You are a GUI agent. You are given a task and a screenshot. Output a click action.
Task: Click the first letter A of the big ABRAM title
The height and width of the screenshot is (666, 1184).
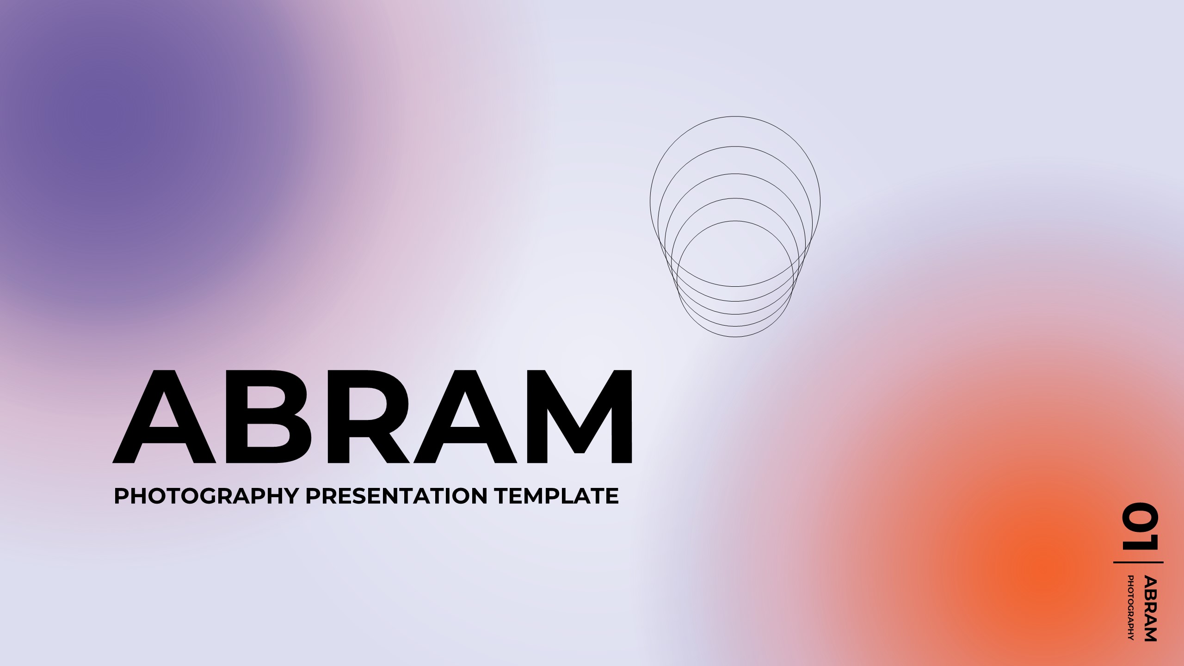(x=164, y=416)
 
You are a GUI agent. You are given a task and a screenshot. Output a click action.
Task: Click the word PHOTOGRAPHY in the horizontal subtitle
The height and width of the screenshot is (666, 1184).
(x=206, y=496)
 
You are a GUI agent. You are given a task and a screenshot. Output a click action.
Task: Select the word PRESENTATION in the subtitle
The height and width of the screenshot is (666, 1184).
(x=396, y=496)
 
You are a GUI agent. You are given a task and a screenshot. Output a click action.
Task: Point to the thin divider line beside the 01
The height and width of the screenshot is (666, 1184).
(x=1138, y=562)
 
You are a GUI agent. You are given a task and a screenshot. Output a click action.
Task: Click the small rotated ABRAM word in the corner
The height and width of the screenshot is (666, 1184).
(x=1150, y=608)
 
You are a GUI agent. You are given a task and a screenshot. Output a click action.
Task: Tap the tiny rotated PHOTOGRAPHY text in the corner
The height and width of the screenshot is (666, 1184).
(x=1131, y=607)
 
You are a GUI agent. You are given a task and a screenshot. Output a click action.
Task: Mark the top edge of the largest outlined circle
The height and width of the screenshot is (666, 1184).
(x=735, y=117)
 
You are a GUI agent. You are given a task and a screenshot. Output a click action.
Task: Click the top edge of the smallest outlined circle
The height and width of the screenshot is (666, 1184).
(x=735, y=221)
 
